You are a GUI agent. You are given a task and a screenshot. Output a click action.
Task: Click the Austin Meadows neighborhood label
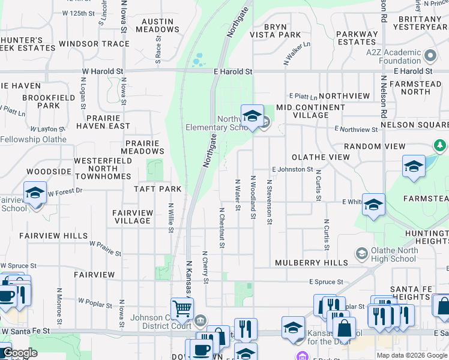click(157, 25)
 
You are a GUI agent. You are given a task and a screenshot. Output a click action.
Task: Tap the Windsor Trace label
click(94, 44)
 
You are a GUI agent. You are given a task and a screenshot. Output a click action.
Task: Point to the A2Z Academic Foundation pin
click(430, 56)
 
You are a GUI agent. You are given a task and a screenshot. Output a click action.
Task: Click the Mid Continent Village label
click(311, 111)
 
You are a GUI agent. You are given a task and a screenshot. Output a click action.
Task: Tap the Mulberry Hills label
click(312, 263)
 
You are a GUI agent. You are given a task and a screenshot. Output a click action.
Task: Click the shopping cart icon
click(182, 309)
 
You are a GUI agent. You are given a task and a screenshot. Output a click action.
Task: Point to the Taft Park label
click(158, 189)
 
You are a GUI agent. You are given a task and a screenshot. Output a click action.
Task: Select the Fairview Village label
click(133, 217)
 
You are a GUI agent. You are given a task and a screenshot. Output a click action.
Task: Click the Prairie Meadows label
click(142, 148)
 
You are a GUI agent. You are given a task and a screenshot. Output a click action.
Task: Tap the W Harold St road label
click(103, 71)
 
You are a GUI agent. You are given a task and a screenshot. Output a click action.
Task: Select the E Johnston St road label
click(292, 170)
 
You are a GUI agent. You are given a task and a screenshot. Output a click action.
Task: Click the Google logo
click(19, 353)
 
